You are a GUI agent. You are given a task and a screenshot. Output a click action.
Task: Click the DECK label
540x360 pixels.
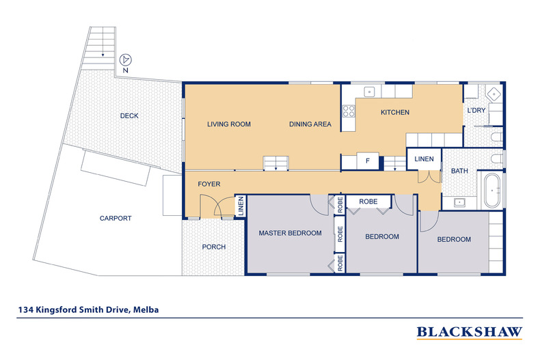coord(129,116)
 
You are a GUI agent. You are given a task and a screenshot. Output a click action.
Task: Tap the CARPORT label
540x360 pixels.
coord(115,219)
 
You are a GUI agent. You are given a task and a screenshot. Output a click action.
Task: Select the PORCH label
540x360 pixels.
coord(214,247)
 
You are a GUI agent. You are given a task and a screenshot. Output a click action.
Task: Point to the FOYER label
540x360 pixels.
coord(209,184)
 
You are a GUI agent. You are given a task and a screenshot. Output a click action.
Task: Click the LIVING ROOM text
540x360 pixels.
coord(229,124)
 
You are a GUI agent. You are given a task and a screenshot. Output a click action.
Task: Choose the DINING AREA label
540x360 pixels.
coord(310,124)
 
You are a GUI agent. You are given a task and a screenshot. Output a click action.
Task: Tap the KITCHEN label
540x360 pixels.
coord(394,112)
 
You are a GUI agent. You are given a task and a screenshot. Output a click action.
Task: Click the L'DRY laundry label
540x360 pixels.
coord(476,111)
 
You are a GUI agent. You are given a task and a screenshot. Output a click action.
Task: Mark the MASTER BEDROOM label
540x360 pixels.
coord(290,233)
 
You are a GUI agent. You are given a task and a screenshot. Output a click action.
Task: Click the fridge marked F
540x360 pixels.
coord(368,161)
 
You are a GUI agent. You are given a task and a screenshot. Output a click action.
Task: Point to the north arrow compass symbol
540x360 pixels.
coord(125,61)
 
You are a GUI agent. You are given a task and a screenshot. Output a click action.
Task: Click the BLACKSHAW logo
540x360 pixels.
coord(469,333)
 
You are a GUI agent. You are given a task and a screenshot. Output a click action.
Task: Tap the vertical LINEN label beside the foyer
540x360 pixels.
coord(241,206)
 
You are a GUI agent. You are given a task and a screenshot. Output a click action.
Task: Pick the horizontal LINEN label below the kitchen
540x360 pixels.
coord(424,159)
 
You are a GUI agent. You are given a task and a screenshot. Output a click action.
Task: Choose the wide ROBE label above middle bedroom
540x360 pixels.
coord(368,202)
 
